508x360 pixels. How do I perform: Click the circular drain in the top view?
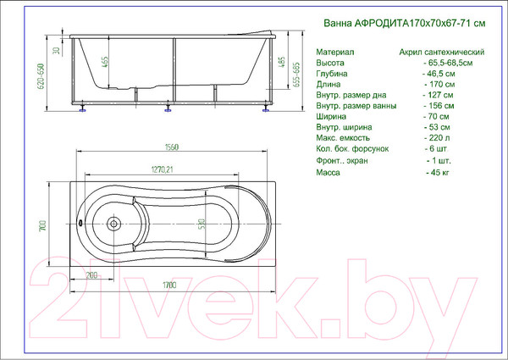113,224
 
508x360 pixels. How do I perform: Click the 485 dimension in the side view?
279,64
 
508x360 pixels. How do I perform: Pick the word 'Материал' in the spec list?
334,53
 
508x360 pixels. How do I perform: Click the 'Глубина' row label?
332,75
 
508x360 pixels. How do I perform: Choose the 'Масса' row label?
329,172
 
